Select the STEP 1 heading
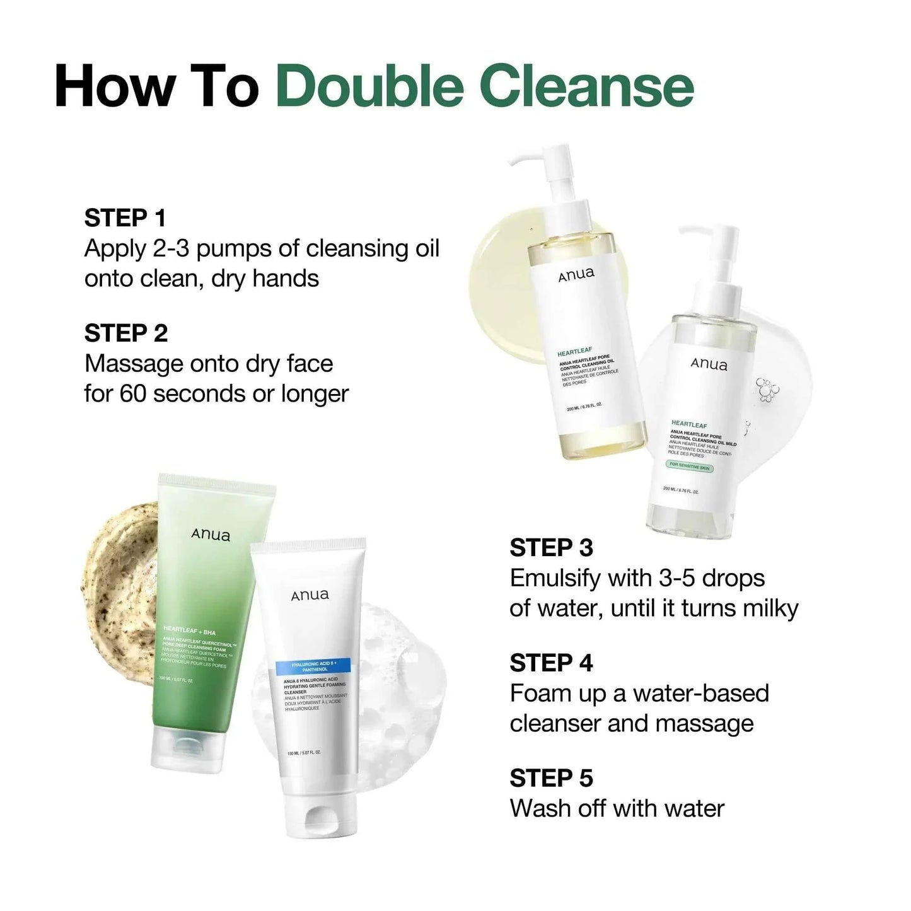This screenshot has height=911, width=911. pyautogui.click(x=125, y=218)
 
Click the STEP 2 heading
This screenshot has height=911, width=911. pyautogui.click(x=126, y=334)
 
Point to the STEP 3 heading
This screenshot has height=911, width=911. pyautogui.click(x=551, y=548)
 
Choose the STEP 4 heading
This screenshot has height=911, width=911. pyautogui.click(x=551, y=663)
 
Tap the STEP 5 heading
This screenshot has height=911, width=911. pyautogui.click(x=551, y=779)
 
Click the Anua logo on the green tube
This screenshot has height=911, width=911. pyautogui.click(x=211, y=535)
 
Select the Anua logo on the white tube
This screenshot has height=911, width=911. pyautogui.click(x=310, y=595)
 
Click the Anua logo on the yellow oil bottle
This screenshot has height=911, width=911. pyautogui.click(x=576, y=274)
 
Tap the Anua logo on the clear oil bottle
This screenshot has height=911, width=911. pyautogui.click(x=709, y=364)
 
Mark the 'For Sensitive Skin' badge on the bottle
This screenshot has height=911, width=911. pyautogui.click(x=689, y=467)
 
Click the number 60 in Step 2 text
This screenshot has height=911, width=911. pyautogui.click(x=133, y=394)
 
